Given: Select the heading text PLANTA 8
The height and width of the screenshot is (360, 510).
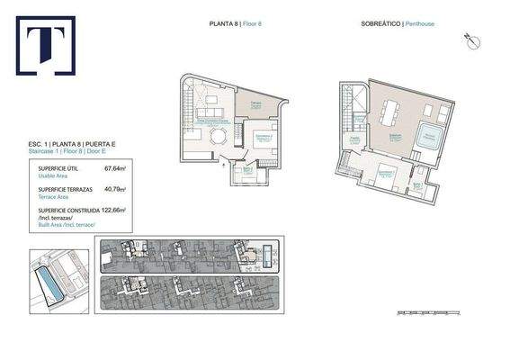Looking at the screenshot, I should point(212,24).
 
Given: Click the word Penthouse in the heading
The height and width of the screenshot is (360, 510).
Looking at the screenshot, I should point(419,24).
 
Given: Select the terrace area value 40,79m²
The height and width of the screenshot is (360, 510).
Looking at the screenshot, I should point(115,189).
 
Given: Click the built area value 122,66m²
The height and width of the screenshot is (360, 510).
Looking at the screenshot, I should point(114,210).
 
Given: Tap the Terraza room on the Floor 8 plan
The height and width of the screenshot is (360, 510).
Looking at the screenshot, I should point(255,106).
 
